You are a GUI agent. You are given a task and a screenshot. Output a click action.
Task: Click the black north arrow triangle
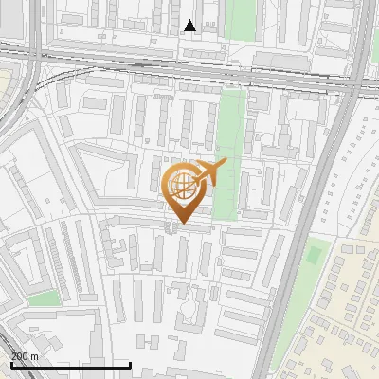(x=190, y=26)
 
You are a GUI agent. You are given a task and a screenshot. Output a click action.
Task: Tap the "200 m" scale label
(x=25, y=356)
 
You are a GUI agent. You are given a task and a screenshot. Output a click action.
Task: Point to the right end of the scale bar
(x=130, y=365)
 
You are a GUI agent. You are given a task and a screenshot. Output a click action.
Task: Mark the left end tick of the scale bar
(x=10, y=365)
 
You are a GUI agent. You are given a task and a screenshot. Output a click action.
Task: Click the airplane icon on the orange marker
(x=209, y=172)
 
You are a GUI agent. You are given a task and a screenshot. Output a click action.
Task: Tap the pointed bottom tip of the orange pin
(x=182, y=224)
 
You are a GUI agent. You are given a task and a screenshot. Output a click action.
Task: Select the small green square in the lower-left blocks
(x=43, y=298)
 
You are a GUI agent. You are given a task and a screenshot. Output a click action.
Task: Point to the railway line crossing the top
(x=189, y=70)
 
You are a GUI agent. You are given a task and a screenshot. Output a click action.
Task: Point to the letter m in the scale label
(x=34, y=356)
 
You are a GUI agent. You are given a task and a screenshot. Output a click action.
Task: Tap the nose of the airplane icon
(x=226, y=165)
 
